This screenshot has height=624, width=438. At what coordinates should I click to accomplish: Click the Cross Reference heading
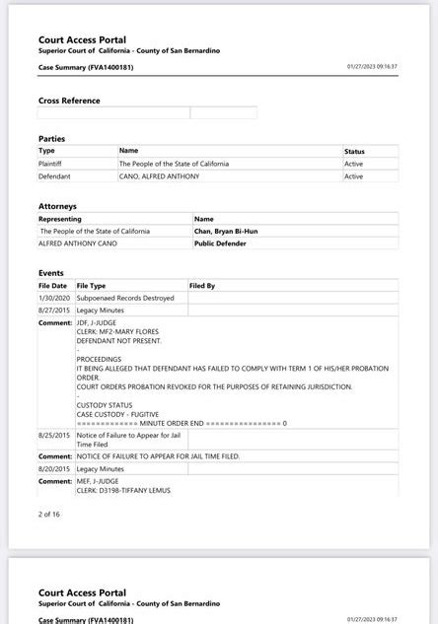tap(69, 101)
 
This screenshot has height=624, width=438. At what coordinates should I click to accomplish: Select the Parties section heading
tap(51, 139)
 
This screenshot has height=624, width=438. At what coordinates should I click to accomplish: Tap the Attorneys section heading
tap(57, 206)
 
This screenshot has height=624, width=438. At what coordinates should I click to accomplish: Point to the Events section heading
tap(51, 273)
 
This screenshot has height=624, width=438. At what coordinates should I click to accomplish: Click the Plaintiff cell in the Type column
tap(50, 164)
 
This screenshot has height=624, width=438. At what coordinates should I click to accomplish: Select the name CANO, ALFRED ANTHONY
tap(159, 176)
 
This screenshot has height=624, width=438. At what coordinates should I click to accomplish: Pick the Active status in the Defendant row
tap(353, 176)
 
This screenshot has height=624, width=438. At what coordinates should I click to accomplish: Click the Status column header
tap(354, 151)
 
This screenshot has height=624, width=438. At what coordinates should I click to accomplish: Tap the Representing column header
tap(60, 219)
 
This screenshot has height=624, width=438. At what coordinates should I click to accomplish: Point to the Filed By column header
tap(202, 286)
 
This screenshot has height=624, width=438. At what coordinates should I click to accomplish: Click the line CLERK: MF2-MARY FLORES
tap(118, 331)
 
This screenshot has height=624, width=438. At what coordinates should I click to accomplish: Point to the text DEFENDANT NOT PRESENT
tap(116, 340)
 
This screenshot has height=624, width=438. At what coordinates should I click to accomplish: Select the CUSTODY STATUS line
tap(105, 405)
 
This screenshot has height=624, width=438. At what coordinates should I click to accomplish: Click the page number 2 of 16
tap(49, 514)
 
